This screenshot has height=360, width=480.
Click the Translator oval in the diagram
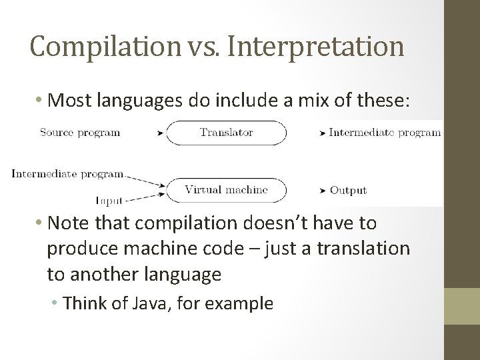pyautogui.click(x=226, y=132)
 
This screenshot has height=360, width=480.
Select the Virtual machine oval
pyautogui.click(x=226, y=190)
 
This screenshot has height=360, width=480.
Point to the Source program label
pyautogui.click(x=80, y=132)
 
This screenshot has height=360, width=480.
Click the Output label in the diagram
pyautogui.click(x=348, y=191)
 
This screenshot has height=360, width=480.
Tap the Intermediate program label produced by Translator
pyautogui.click(x=385, y=132)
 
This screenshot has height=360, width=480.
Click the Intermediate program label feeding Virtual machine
pyautogui.click(x=67, y=174)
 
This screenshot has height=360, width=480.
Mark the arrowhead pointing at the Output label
pyautogui.click(x=323, y=191)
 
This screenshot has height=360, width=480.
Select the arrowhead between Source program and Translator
pyautogui.click(x=159, y=133)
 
